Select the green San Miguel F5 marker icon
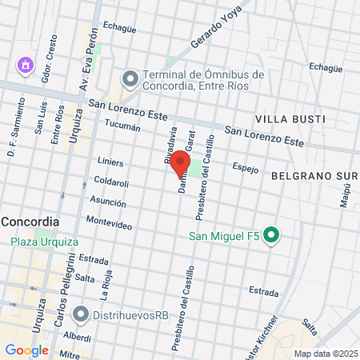pos(271,235)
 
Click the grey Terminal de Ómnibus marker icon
pos(129,78)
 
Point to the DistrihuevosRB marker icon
pos(81,314)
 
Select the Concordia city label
pos(30,221)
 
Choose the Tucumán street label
pos(122,126)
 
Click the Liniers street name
pos(110,161)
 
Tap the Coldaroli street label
pos(111,182)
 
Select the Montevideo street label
pos(109,225)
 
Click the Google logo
pos(26,350)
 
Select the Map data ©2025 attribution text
pos(325,354)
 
